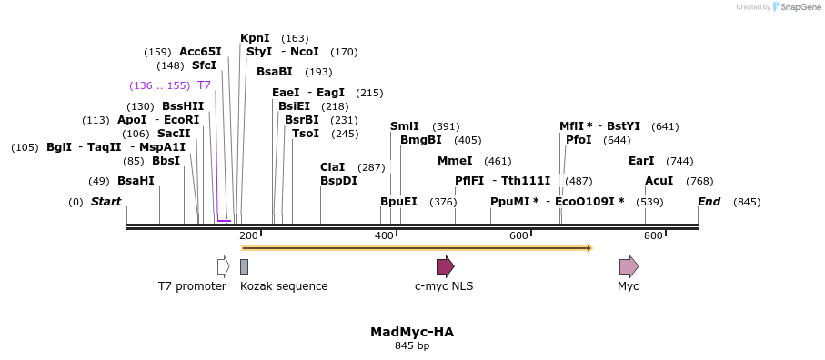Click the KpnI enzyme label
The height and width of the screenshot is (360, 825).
coord(255,38)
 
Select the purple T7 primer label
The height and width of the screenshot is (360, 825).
coord(204,85)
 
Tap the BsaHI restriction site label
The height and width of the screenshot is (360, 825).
coord(136,180)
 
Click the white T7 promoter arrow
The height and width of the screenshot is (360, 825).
coord(223,266)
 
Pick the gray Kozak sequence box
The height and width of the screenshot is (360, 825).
coord(244,266)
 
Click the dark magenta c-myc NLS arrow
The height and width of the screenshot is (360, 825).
coord(445,266)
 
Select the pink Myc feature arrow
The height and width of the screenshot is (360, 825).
coord(629,266)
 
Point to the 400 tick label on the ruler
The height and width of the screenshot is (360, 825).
coord(383,236)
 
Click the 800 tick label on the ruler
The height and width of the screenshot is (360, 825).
coord(653,236)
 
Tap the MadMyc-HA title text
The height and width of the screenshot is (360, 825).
coord(411,332)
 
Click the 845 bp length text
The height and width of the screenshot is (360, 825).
coord(411,346)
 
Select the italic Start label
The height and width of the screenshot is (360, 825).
coord(106,202)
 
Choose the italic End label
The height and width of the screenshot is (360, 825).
coord(709,202)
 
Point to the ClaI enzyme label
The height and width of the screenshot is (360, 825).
coord(332,167)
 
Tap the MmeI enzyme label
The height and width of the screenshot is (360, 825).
coord(455,161)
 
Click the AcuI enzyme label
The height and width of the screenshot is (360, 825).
coord(659,180)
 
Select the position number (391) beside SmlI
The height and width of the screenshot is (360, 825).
coord(446,126)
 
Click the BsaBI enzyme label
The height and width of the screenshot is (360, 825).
coord(274,72)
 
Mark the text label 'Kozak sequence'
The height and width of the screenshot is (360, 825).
coord(284,286)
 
